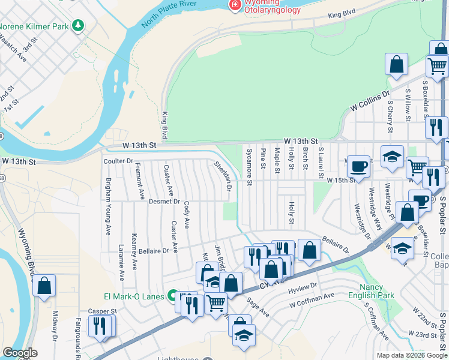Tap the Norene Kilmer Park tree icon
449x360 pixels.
tap(77, 26)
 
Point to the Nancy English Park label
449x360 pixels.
tap(376, 291)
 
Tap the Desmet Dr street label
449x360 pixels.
tap(164, 202)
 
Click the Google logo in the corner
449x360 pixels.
tap(20, 353)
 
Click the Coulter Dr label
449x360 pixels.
tap(118, 161)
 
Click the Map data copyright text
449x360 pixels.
tap(411, 355)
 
